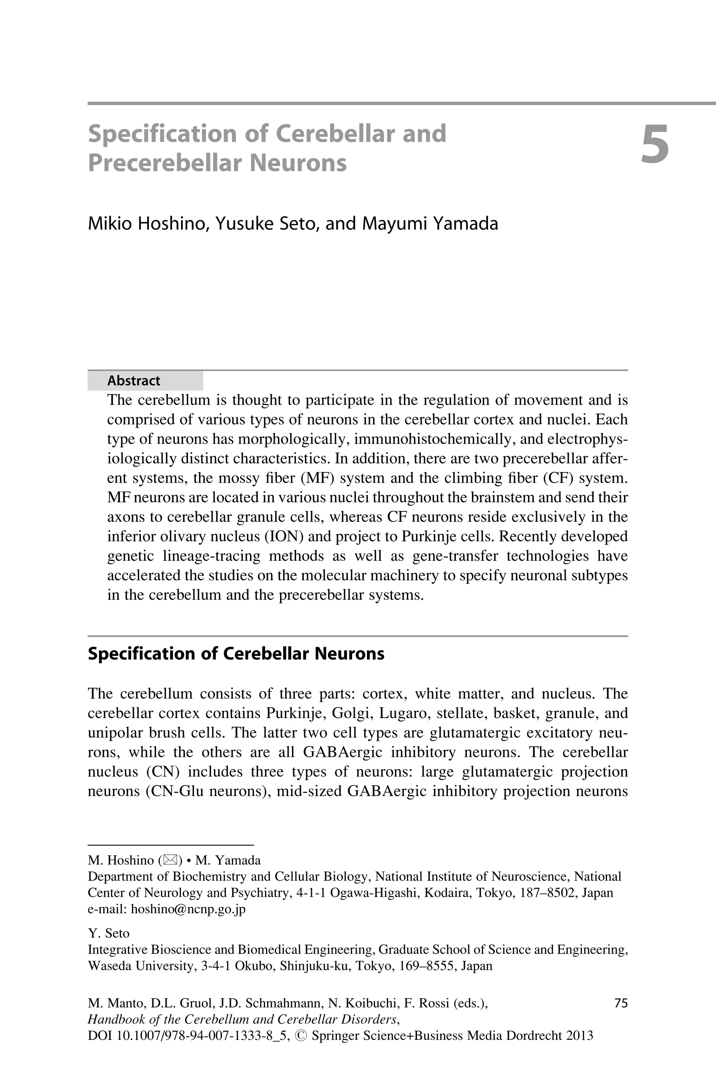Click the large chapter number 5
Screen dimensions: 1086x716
click(654, 144)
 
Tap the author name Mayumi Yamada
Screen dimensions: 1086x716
click(430, 224)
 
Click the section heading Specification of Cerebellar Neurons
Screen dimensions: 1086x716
click(236, 654)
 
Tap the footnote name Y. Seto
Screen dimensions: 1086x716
click(108, 933)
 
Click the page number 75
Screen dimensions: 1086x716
click(621, 1003)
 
